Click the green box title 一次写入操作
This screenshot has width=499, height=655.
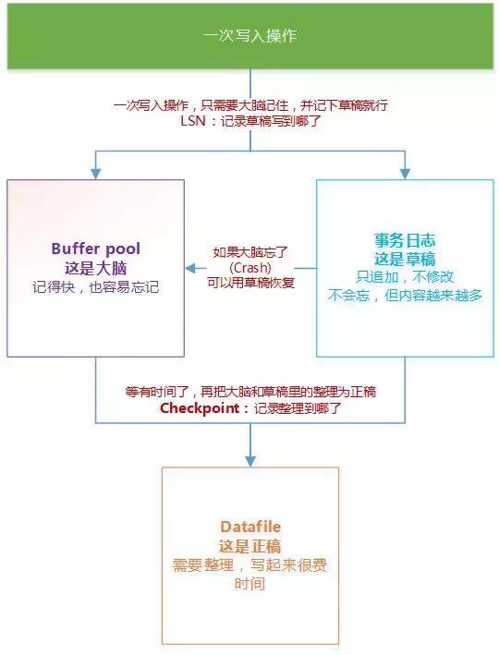point(249,36)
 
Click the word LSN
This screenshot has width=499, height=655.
point(193,121)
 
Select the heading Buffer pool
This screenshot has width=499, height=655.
point(96,249)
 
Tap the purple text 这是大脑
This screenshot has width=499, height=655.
point(96,268)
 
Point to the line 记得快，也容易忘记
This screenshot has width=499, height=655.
point(96,287)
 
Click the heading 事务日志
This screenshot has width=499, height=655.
point(405,240)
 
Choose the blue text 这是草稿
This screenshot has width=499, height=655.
point(405,259)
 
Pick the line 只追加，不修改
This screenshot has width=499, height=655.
point(405,276)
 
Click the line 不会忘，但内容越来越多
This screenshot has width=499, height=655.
point(405,295)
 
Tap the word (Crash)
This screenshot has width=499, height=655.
point(250,267)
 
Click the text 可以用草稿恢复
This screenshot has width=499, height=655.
point(250,283)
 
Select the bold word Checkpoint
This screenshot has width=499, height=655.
point(200,408)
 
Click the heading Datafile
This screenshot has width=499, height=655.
point(250,527)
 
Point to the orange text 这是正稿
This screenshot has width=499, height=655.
point(250,546)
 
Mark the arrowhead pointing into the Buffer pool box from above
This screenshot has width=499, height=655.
point(96,174)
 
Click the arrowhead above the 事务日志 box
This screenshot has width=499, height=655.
point(405,174)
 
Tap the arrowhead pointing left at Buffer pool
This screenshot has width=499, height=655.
point(190,268)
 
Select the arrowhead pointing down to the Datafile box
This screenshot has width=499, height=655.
point(250,461)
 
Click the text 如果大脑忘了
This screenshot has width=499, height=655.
point(250,252)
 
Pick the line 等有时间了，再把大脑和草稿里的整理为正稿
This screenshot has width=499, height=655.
point(250,392)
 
